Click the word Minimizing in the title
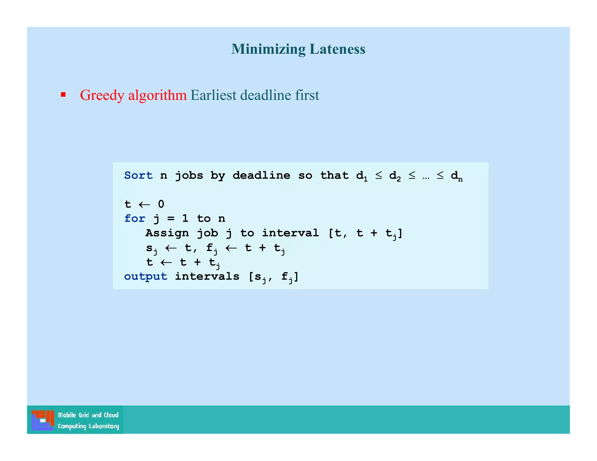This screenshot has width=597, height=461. (268, 49)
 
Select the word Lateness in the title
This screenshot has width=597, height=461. (337, 49)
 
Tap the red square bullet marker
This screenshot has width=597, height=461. (63, 94)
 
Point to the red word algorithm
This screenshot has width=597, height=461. (157, 95)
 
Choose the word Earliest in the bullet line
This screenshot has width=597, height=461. (213, 95)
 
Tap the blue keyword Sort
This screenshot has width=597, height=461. (138, 175)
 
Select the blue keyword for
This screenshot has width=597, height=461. (134, 219)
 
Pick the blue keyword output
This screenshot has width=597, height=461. (145, 276)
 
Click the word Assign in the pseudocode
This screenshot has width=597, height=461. (167, 233)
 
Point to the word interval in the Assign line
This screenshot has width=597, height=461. (290, 233)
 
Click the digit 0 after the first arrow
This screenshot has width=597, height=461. (161, 204)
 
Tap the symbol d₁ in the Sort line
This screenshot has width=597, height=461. (362, 176)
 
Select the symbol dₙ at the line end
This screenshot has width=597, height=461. (456, 176)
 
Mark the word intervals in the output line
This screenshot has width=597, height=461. (207, 276)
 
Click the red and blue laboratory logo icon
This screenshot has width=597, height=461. (43, 420)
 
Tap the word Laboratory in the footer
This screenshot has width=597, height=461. (104, 426)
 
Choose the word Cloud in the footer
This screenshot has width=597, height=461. (111, 415)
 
